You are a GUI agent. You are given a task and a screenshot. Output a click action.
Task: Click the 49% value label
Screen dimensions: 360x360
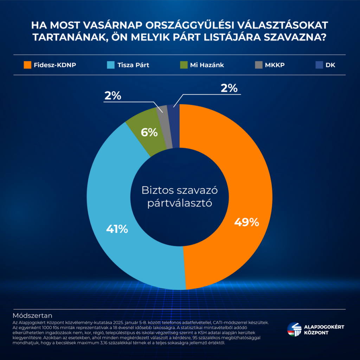246,222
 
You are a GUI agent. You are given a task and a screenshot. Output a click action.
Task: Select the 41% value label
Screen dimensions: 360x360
117,229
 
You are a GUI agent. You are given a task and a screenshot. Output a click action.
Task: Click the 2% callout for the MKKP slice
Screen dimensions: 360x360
112,96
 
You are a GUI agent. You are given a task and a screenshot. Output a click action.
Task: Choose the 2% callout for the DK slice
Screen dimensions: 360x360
229,88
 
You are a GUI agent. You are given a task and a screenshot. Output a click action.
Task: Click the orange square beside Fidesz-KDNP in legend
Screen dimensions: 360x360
27,65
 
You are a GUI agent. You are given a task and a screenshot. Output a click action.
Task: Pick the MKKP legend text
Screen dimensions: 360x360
277,65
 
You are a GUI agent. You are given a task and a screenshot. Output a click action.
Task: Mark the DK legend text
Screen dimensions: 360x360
330,65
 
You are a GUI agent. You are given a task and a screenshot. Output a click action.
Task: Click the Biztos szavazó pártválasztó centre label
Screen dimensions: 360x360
180,197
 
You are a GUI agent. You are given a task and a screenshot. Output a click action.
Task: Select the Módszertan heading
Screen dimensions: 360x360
32,315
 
